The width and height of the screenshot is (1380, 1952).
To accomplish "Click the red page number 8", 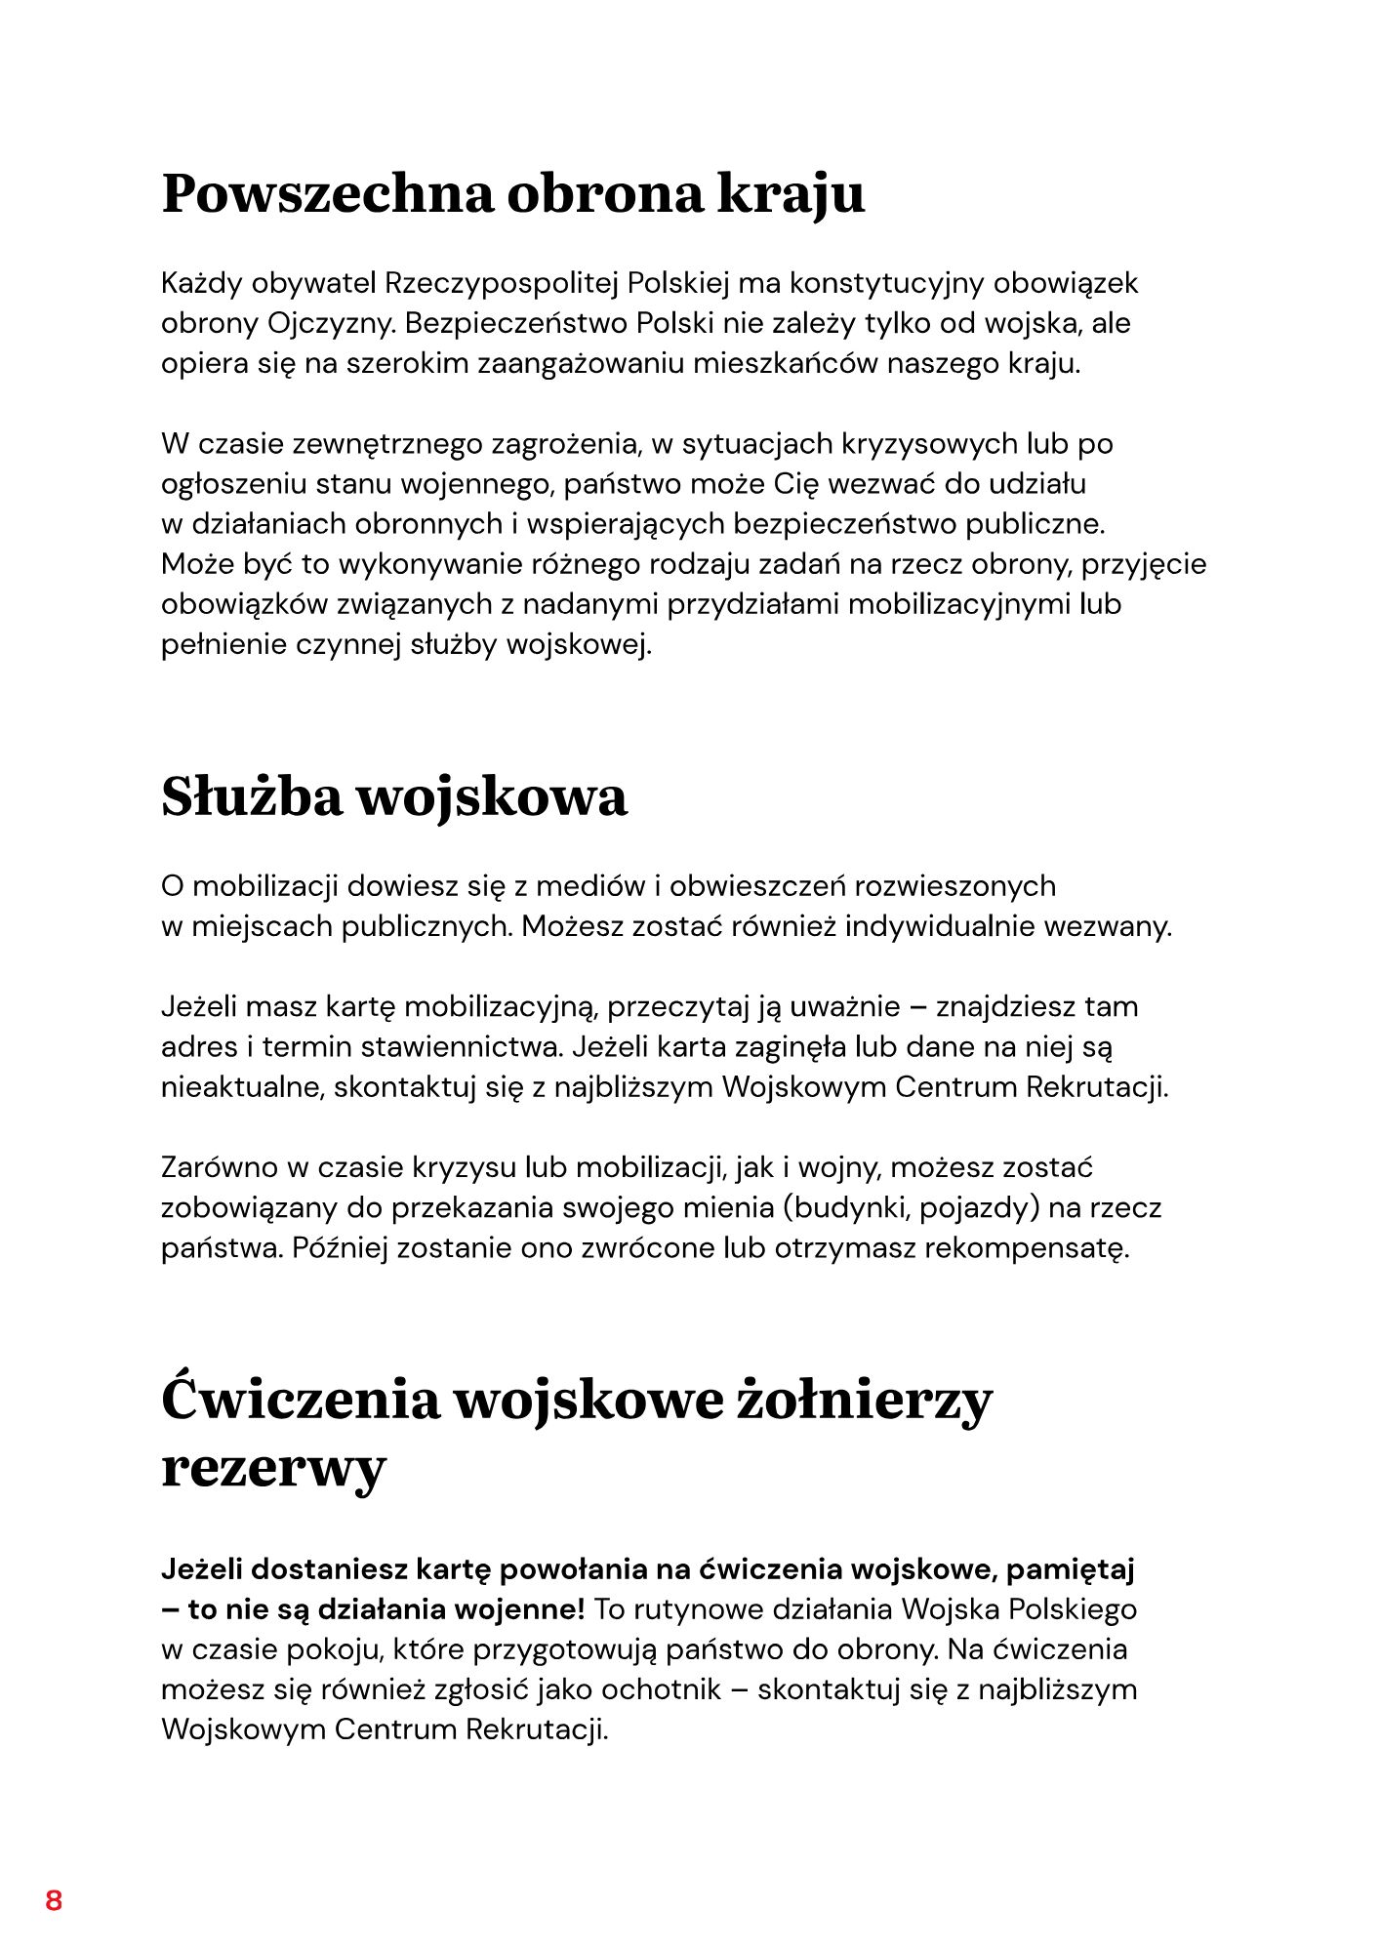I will coord(54,1900).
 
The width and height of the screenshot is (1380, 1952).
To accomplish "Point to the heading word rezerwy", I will coord(273,1467).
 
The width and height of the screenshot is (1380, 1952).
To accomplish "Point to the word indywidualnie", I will coord(940,926).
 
